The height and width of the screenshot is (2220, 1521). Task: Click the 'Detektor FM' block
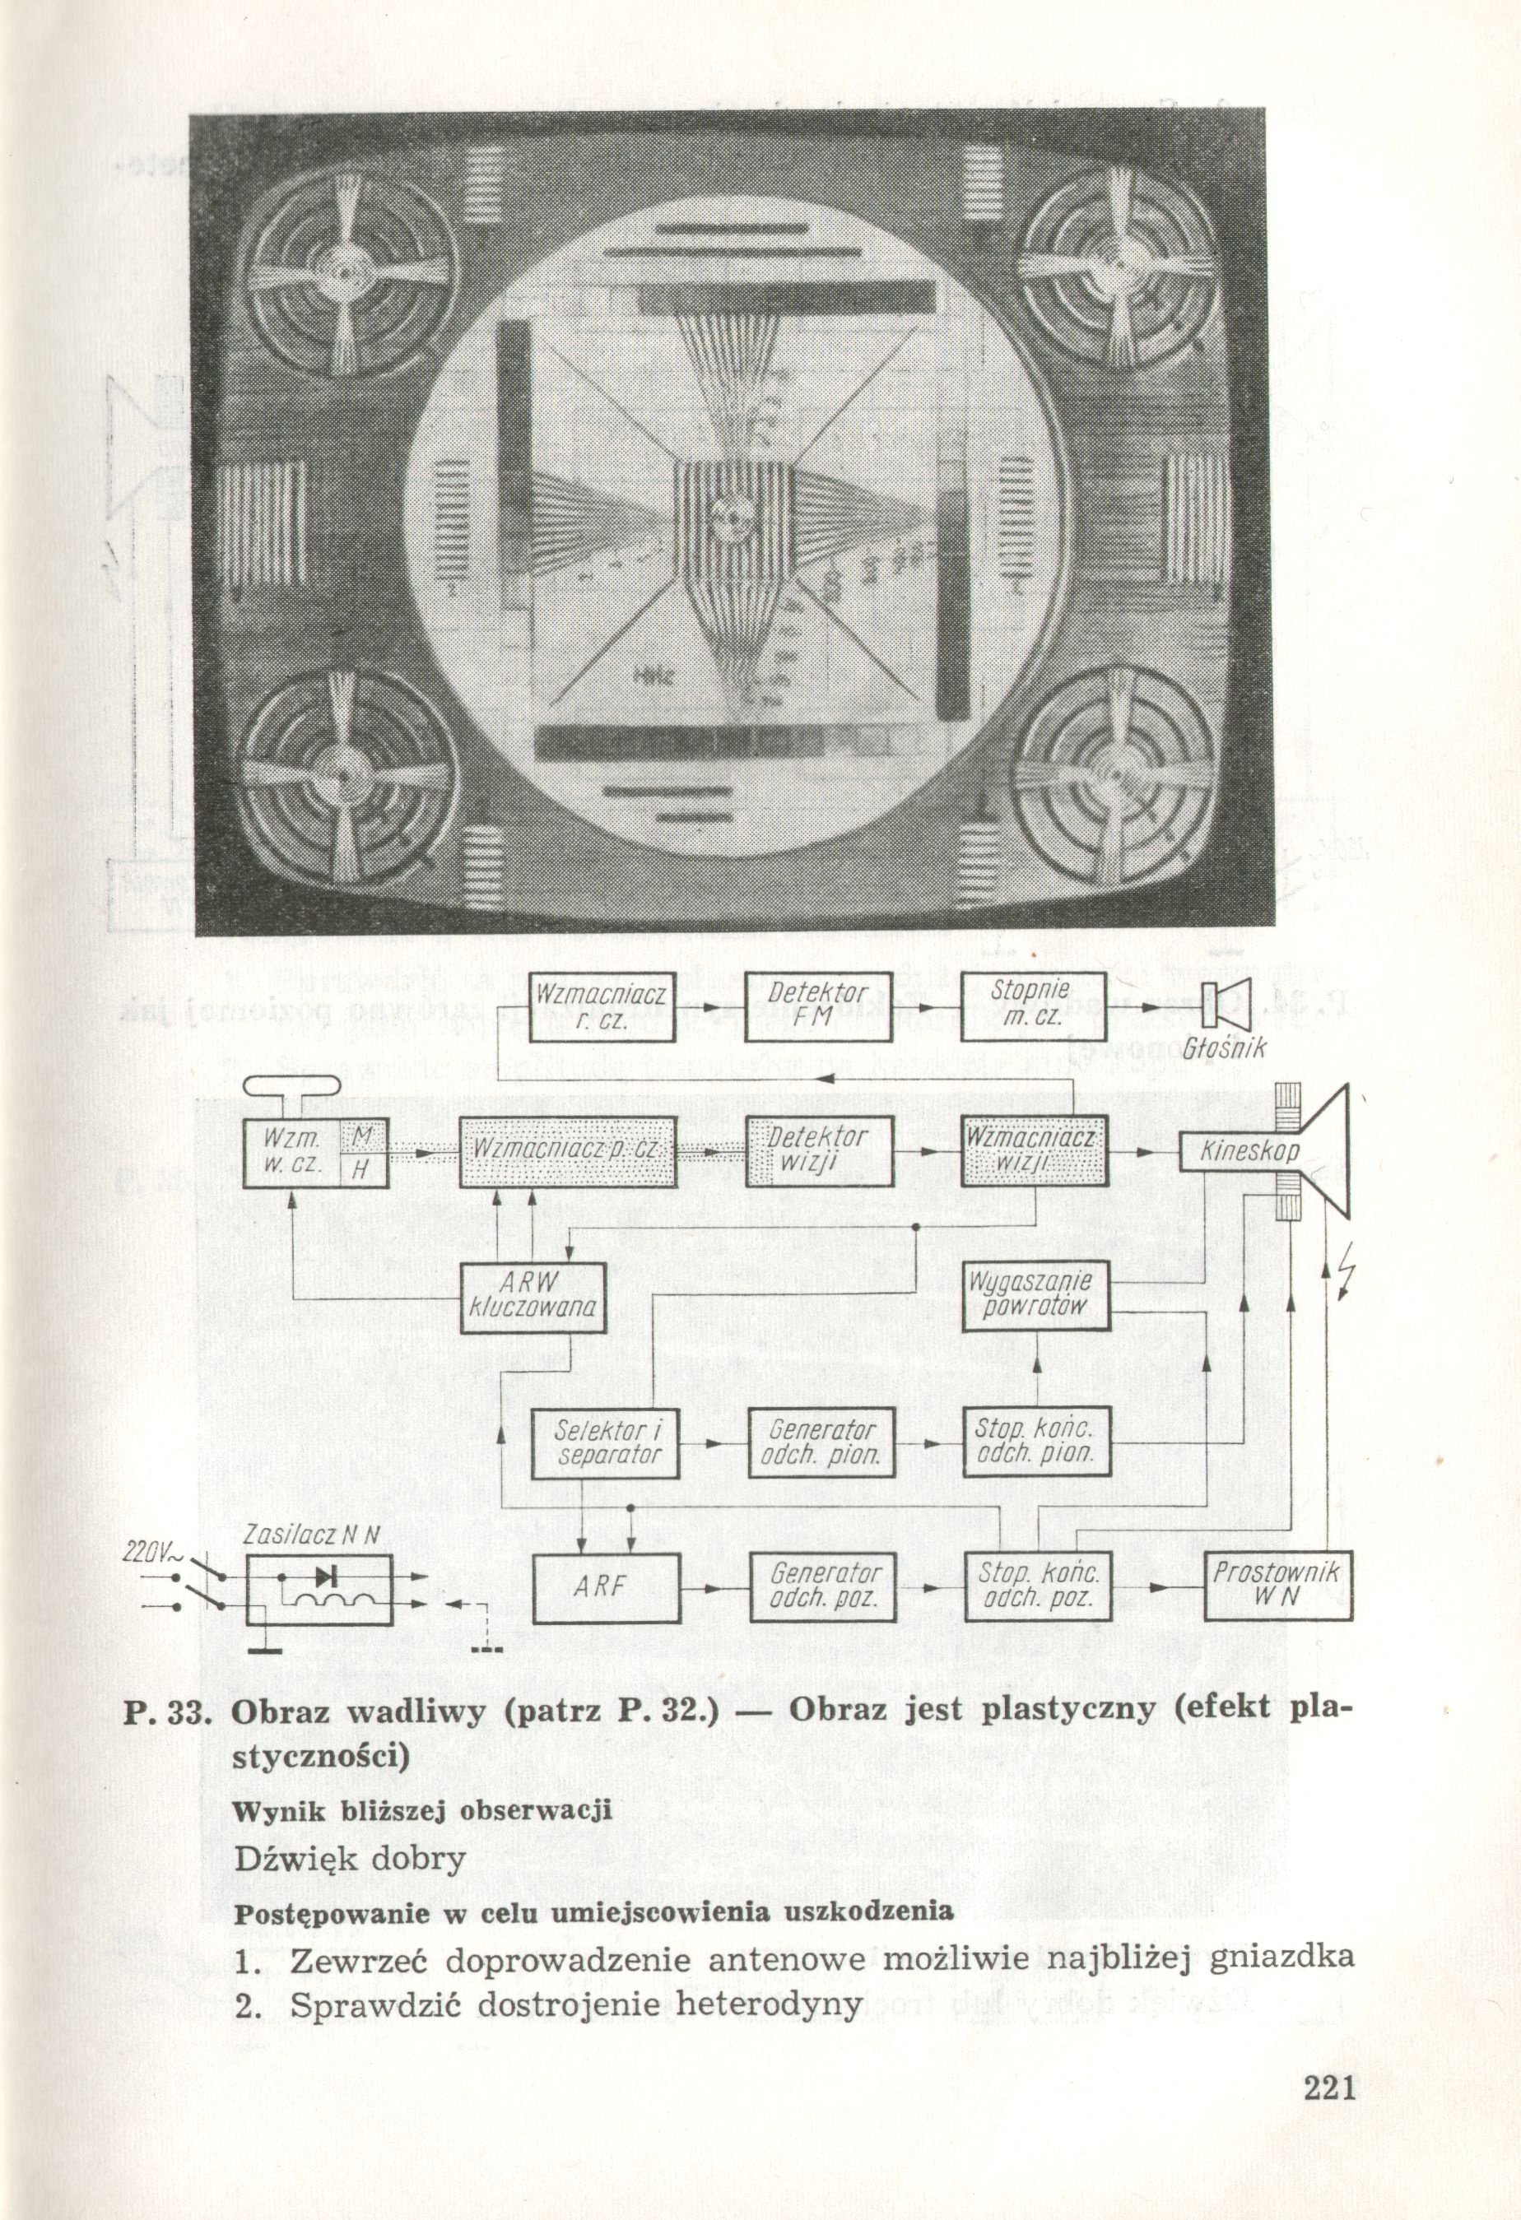818,1007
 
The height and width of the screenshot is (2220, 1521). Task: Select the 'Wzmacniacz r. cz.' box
602,1007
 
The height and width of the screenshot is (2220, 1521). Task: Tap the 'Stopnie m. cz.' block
1034,1007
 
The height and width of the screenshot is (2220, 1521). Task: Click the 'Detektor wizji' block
820,1151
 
